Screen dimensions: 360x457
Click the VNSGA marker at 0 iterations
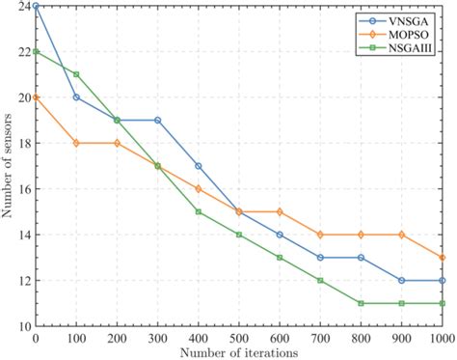click(36, 6)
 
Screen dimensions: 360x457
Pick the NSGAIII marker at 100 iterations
click(76, 74)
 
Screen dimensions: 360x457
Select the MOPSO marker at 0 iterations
click(36, 97)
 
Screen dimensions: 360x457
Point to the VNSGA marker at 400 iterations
click(199, 166)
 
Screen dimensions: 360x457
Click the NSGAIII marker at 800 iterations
click(362, 303)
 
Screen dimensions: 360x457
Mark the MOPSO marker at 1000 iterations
click(443, 258)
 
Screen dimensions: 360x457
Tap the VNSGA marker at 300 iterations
click(158, 121)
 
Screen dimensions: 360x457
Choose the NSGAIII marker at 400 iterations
click(199, 211)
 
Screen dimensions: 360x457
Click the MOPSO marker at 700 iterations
click(321, 235)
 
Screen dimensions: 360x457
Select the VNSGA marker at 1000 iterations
click(443, 280)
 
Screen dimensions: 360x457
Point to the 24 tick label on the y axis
click(22, 6)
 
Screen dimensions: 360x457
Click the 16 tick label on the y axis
click(22, 189)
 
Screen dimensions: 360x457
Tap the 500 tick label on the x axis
click(239, 338)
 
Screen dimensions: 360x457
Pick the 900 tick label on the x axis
click(402, 338)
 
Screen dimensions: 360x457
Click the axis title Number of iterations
click(239, 352)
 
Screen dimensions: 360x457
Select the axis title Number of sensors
click(8, 166)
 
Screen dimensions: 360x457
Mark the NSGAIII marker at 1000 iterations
click(443, 303)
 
